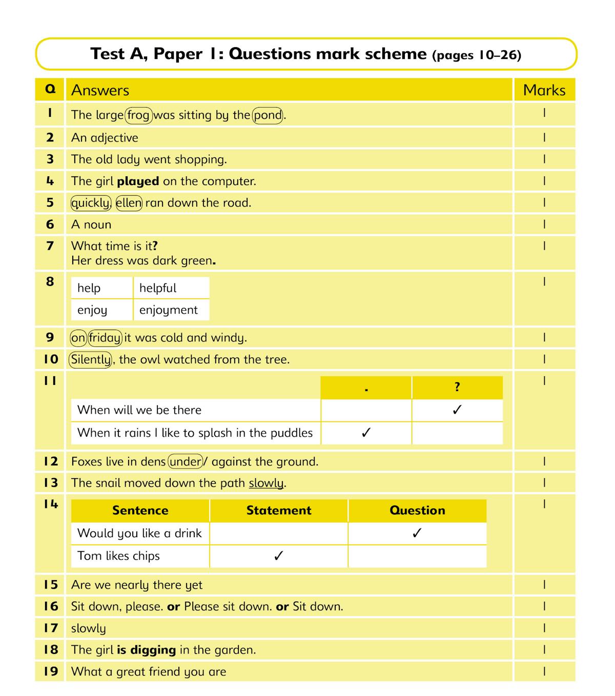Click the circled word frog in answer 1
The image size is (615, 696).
pos(138,115)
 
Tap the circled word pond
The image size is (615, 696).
pos(268,115)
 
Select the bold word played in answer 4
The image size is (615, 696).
pos(138,181)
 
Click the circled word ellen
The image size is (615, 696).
pos(129,203)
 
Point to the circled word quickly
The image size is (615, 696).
pos(91,203)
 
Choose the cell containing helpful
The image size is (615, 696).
pos(171,288)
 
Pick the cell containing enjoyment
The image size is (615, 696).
pos(171,310)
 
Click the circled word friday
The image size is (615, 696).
pos(105,338)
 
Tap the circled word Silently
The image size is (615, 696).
pos(90,360)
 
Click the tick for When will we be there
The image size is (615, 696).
pos(457,410)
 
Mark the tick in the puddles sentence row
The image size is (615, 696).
pos(366,433)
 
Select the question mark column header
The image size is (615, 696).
pos(457,387)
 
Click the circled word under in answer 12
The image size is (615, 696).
pos(186,462)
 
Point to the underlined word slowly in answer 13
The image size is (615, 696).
pos(266,483)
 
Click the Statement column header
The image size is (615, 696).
pos(279,510)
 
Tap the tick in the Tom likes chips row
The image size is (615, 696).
pos(279,556)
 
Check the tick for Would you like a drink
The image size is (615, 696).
pos(417,533)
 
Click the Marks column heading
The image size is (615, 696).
pos(544,90)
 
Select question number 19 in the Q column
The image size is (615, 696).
pos(50,671)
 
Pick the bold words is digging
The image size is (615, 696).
pos(146,650)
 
